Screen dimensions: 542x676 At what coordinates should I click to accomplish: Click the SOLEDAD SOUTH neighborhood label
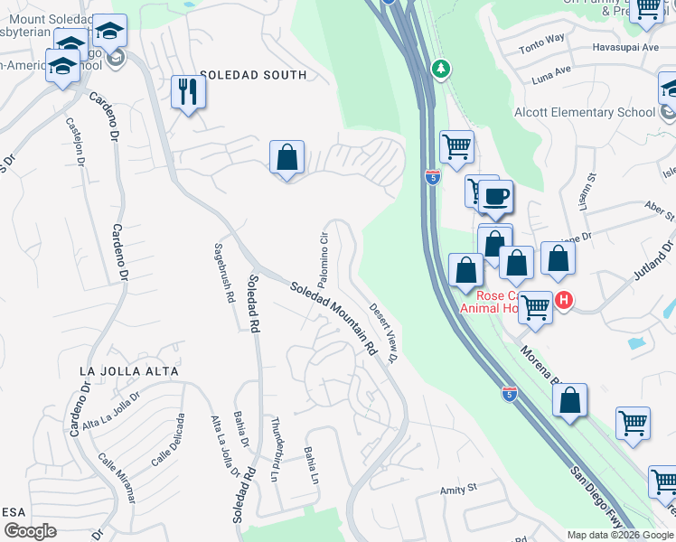click(253, 75)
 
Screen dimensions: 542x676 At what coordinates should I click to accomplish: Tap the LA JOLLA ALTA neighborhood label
click(129, 371)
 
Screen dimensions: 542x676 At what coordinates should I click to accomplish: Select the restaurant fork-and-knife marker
click(188, 93)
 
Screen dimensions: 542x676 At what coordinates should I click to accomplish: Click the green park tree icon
click(440, 70)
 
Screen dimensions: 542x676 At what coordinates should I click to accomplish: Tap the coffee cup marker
click(494, 197)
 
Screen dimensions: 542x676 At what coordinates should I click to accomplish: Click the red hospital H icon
click(563, 300)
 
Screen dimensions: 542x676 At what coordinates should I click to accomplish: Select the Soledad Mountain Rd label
click(333, 317)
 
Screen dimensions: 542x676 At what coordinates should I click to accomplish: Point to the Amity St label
click(457, 489)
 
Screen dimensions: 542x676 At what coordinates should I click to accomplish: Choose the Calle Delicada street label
click(169, 440)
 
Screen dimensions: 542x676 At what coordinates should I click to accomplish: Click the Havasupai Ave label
click(625, 47)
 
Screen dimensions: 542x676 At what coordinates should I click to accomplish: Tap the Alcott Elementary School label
click(584, 112)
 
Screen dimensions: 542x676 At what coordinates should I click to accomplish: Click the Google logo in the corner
click(31, 530)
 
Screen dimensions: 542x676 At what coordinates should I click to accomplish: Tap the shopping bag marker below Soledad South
click(286, 158)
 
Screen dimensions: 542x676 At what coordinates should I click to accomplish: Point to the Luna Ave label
click(551, 70)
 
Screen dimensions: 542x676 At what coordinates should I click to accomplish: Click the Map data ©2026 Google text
click(619, 534)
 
